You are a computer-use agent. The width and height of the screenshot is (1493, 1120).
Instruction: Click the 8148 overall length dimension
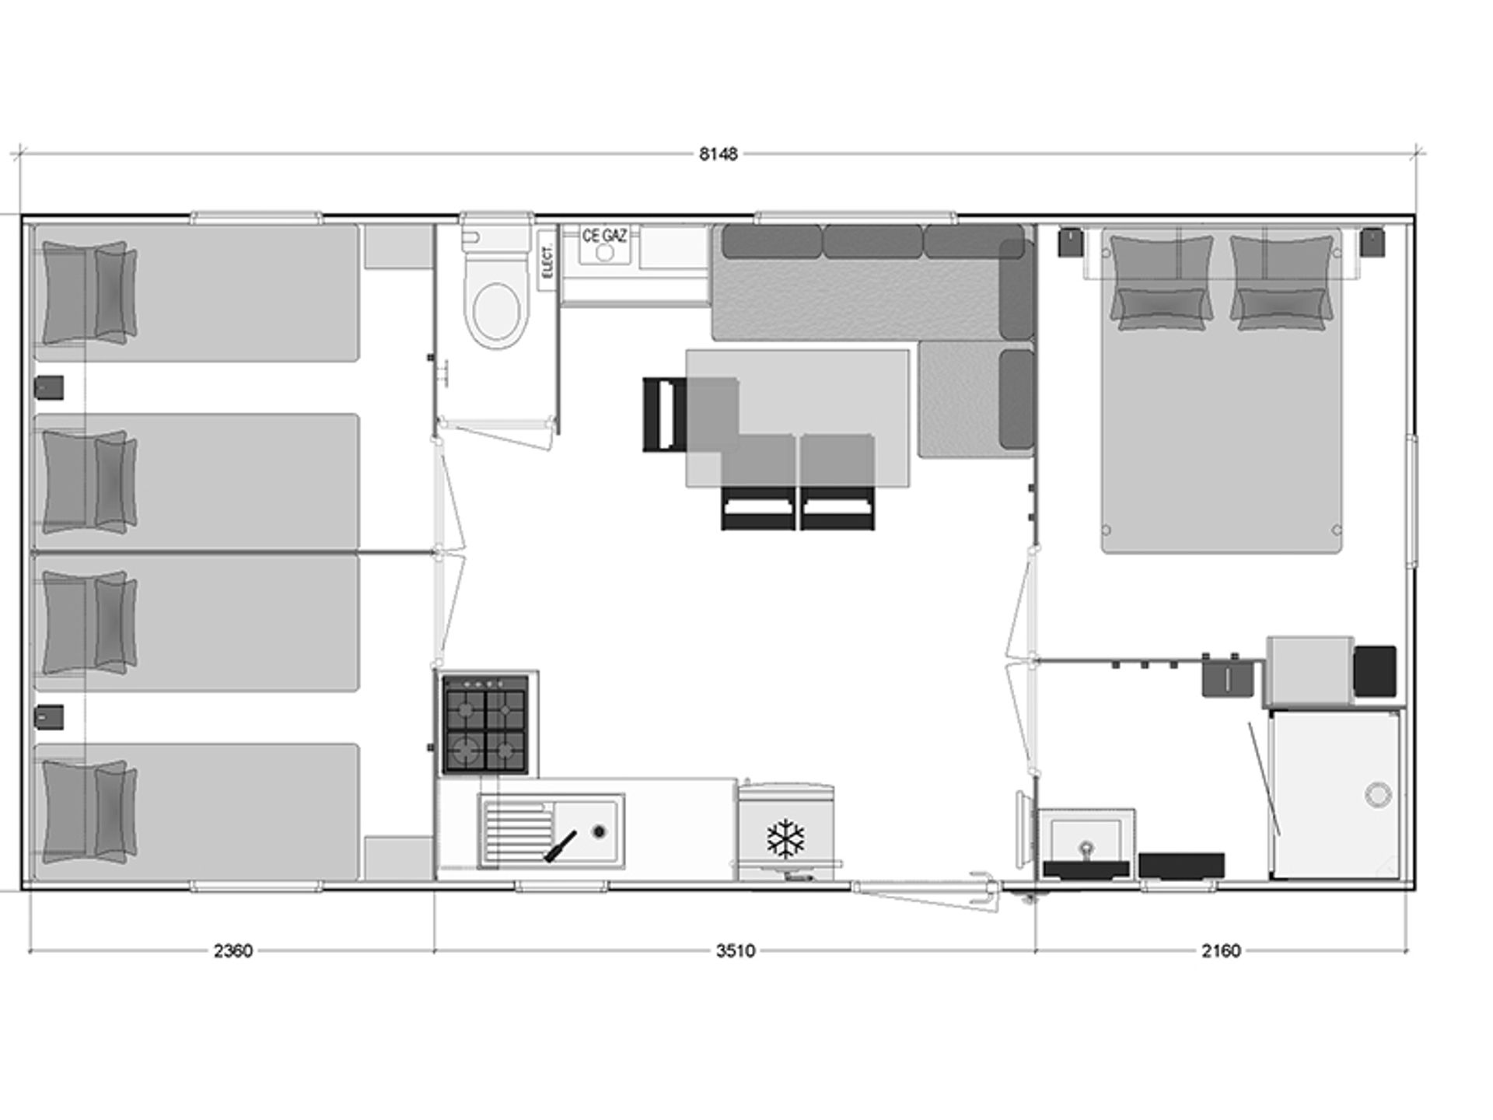[718, 154]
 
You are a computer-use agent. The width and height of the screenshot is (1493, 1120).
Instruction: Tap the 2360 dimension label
[233, 951]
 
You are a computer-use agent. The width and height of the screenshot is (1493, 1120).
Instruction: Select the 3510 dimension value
[736, 951]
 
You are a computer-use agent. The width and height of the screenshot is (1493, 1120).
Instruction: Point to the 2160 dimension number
[1221, 951]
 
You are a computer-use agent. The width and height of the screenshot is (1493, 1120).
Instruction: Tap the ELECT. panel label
[547, 261]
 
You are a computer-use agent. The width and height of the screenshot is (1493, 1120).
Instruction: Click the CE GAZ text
[604, 235]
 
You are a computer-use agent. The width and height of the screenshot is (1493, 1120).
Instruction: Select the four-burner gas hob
[485, 724]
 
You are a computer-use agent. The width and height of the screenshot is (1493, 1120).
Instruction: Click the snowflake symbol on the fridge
[785, 838]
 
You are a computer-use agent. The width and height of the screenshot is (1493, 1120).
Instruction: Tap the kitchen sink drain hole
[598, 831]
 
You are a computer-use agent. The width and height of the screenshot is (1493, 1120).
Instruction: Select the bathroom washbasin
[1086, 843]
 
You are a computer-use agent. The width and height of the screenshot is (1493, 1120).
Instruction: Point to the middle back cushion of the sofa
[872, 241]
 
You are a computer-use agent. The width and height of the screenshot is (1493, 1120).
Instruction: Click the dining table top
[797, 418]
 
